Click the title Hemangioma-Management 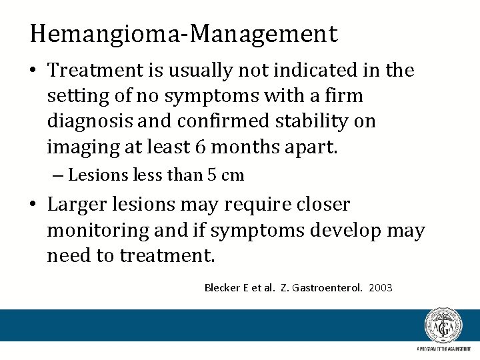(x=183, y=33)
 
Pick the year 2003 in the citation (x=380, y=288)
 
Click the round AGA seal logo (x=443, y=326)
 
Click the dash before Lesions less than (x=59, y=175)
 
